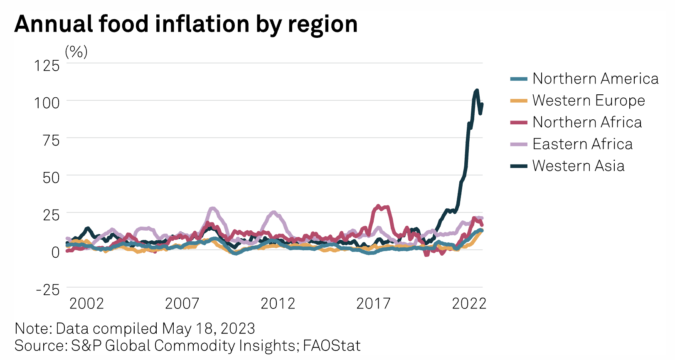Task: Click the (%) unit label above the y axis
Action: click(x=76, y=52)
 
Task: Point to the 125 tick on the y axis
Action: click(x=47, y=65)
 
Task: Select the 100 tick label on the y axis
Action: click(x=47, y=103)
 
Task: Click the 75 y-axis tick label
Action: click(x=51, y=140)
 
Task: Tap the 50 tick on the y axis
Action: click(x=51, y=178)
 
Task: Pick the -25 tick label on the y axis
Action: click(x=48, y=290)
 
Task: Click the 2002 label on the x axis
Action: click(x=86, y=304)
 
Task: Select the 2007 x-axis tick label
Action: click(x=182, y=304)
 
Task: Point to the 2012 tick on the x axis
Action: click(x=278, y=304)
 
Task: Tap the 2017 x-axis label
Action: click(x=373, y=304)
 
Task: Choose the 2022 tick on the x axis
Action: click(x=469, y=304)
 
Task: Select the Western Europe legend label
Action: click(x=589, y=100)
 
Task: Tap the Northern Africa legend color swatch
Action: click(x=519, y=123)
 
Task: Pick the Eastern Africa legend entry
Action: click(x=582, y=144)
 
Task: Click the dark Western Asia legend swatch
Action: click(x=519, y=166)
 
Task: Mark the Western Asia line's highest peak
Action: click(x=476, y=90)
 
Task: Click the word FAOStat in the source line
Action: click(x=332, y=346)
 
